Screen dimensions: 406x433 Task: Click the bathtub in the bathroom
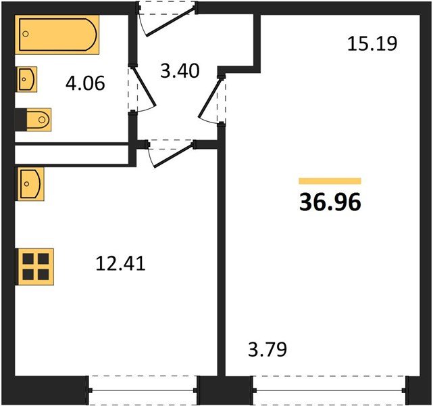click(x=57, y=35)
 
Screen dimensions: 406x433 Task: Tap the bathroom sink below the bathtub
click(x=26, y=80)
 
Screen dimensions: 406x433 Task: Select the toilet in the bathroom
click(x=34, y=120)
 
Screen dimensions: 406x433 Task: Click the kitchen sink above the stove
click(x=31, y=183)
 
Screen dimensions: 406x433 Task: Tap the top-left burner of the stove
click(x=28, y=258)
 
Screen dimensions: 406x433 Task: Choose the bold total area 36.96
click(x=330, y=202)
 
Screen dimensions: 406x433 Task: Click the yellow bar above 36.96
click(x=330, y=181)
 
